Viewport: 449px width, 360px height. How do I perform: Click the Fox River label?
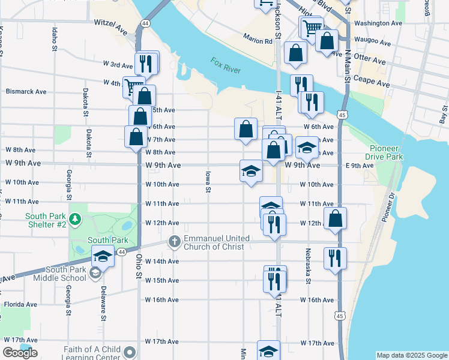point(226,66)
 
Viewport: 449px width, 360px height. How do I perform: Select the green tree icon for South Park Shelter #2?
point(75,220)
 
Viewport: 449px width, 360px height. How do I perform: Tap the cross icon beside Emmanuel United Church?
point(174,242)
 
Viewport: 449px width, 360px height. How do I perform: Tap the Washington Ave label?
point(378,23)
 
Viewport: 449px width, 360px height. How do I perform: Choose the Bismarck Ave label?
point(26,92)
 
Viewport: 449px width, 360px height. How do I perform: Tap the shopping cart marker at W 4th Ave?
point(133,86)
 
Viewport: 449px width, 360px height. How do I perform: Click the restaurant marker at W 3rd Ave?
point(146,62)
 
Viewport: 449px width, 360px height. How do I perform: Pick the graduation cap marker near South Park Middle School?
point(103,256)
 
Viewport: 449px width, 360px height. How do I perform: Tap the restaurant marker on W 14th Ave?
point(334,257)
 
